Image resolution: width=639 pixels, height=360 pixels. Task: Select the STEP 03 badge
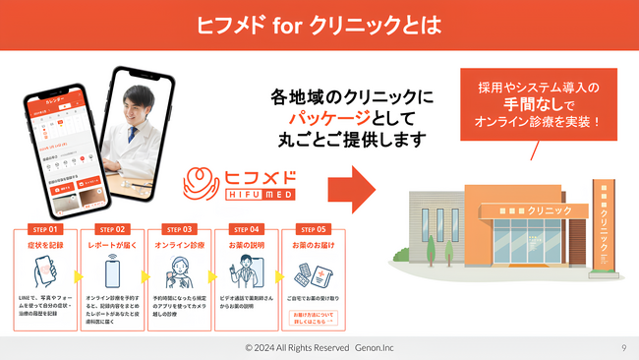[x=179, y=228]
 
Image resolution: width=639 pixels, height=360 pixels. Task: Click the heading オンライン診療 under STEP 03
[x=179, y=244]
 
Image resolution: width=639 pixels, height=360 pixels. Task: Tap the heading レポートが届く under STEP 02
[x=112, y=244]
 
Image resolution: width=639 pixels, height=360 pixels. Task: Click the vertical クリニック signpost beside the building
[x=602, y=225]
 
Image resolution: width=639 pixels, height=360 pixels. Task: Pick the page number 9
[x=623, y=347]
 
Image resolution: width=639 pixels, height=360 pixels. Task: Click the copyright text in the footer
[x=319, y=347]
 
